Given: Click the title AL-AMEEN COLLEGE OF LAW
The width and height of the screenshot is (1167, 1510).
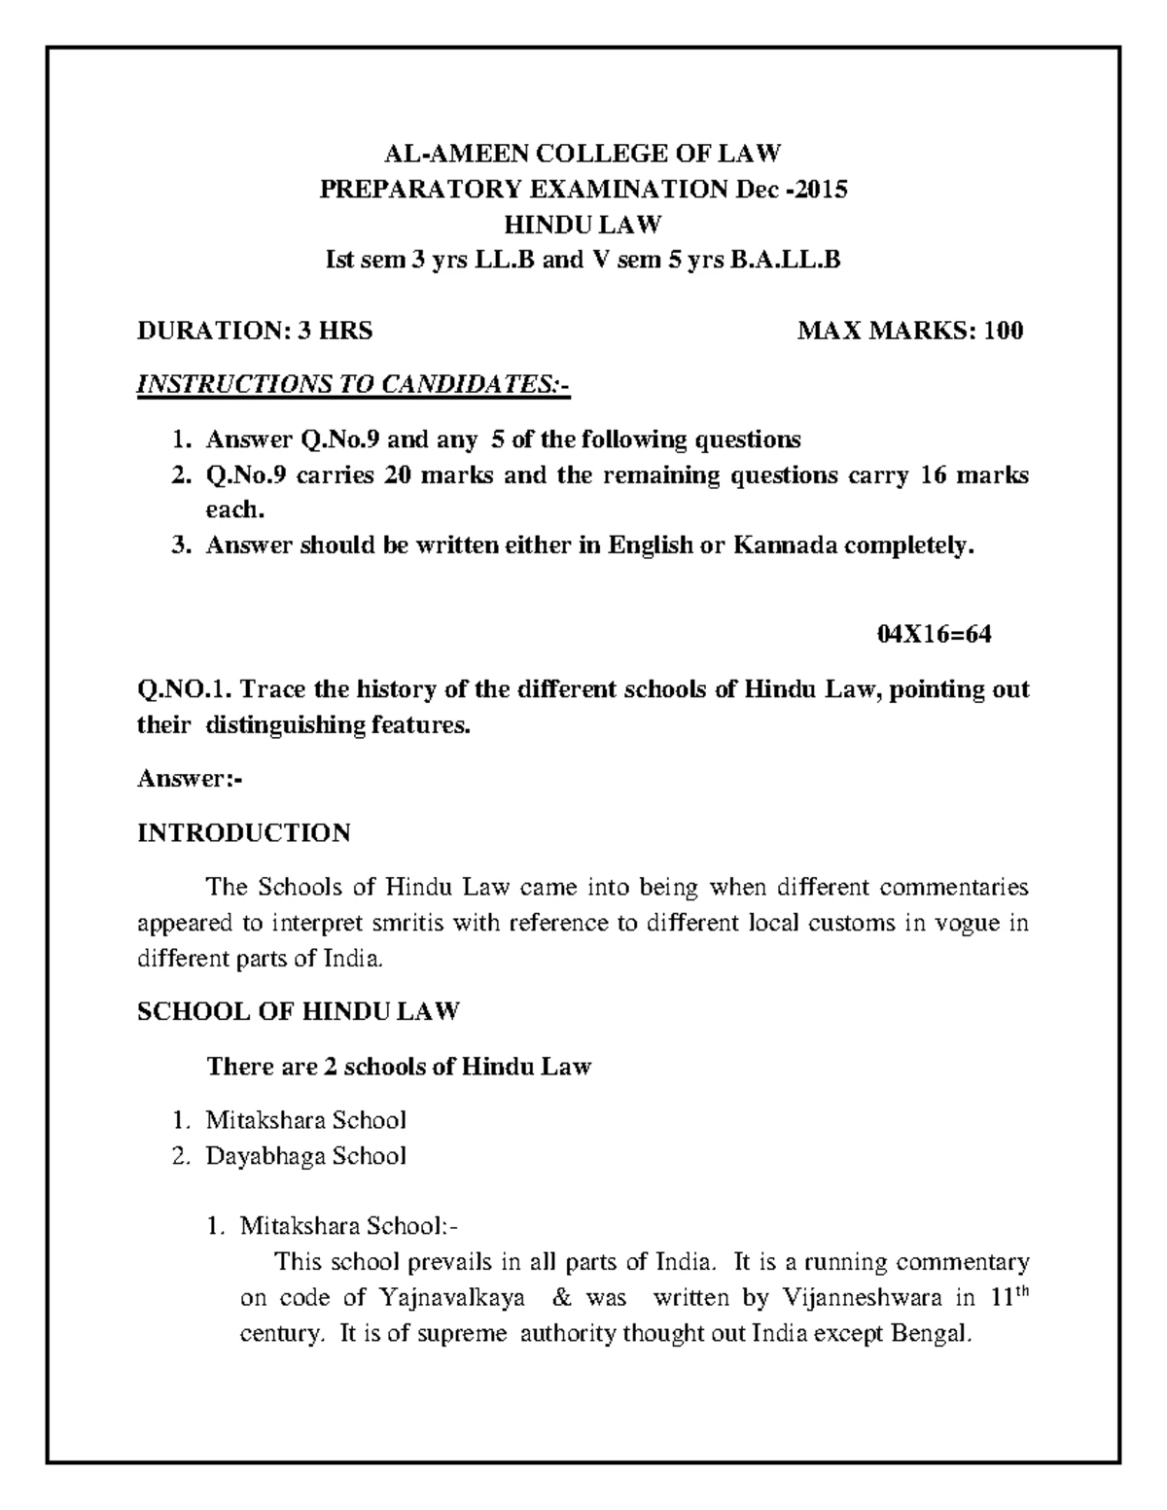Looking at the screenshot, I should point(583,154).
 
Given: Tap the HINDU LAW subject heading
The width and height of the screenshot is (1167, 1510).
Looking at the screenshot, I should point(583,225).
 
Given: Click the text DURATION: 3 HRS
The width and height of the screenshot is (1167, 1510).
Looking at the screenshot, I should point(255,331).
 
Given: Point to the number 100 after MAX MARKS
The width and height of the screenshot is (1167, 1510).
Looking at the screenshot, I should point(1003,331).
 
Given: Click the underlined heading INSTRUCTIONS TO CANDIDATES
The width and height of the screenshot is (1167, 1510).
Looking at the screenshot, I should point(353,385).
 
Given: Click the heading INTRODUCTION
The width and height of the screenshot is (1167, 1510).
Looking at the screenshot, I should point(244,833).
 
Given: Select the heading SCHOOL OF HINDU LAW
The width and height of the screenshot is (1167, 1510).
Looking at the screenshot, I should point(298,1012).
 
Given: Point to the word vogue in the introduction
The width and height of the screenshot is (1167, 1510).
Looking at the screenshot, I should point(967,923).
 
